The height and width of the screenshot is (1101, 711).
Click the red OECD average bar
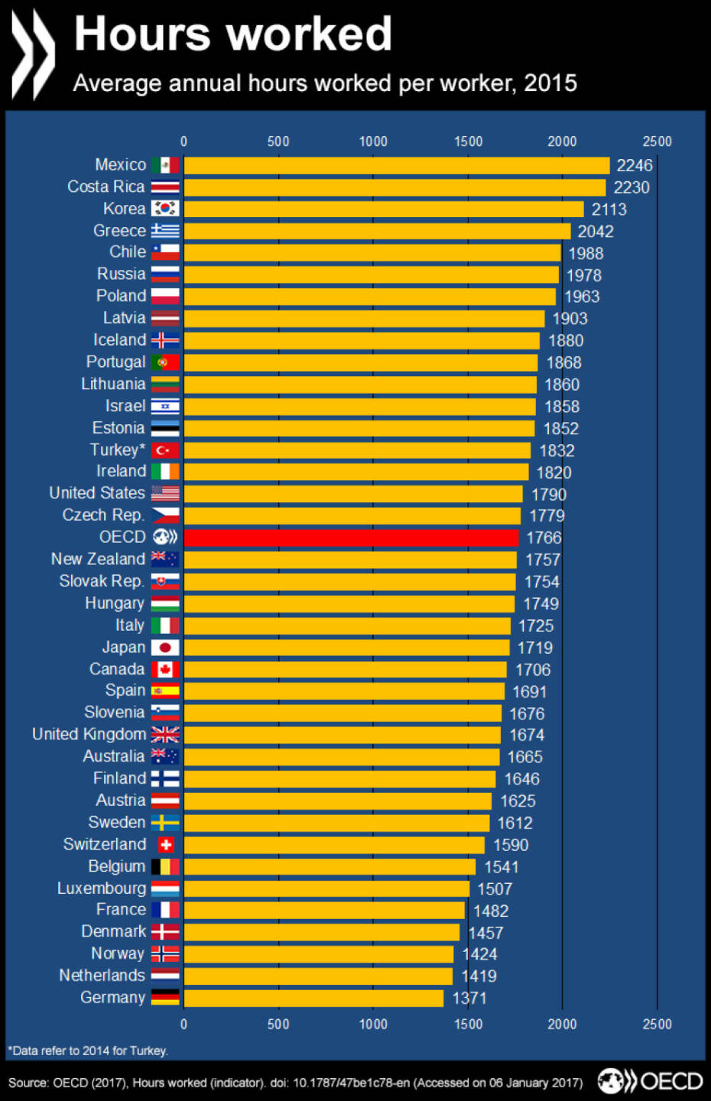click(351, 538)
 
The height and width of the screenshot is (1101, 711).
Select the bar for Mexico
click(397, 165)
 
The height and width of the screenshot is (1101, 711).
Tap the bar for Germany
click(313, 998)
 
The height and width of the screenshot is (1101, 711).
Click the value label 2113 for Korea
click(609, 209)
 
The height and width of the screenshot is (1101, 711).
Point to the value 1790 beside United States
click(549, 495)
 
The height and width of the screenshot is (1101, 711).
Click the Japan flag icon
click(165, 648)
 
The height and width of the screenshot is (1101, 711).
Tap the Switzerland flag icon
click(165, 845)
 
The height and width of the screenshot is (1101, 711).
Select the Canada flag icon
click(165, 670)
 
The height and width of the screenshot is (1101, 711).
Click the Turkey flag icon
click(165, 450)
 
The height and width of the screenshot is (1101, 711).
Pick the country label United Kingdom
click(89, 735)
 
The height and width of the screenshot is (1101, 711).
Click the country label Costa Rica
click(106, 187)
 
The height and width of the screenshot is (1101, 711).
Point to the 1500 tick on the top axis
click(468, 141)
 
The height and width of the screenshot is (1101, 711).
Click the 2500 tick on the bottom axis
click(657, 1024)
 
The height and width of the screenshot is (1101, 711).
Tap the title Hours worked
click(233, 34)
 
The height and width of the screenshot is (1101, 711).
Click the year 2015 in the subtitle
click(550, 83)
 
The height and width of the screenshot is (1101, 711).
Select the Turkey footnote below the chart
click(88, 1051)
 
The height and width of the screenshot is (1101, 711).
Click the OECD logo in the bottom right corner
click(650, 1081)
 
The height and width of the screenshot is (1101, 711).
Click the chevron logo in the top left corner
click(33, 54)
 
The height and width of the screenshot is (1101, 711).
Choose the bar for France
click(324, 910)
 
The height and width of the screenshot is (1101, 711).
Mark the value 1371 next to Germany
click(469, 999)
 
